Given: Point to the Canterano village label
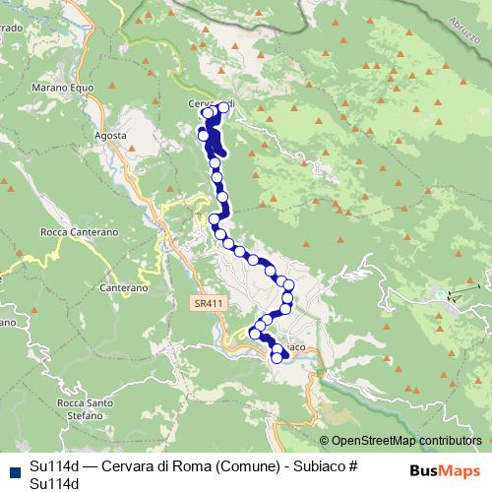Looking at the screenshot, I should click(x=124, y=288).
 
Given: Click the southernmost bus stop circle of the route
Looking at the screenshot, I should click(x=277, y=356).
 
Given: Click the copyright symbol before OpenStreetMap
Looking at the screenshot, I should click(x=324, y=440).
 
